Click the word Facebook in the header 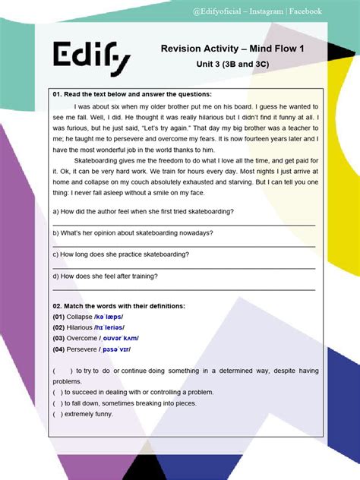pyautogui.click(x=303, y=11)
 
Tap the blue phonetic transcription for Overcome pyautogui.click(x=121, y=338)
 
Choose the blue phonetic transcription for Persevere pyautogui.click(x=116, y=349)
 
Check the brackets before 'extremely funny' pyautogui.click(x=58, y=414)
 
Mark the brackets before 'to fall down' pyautogui.click(x=58, y=403)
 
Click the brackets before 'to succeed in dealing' pyautogui.click(x=58, y=392)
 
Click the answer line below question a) pyautogui.click(x=183, y=224)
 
